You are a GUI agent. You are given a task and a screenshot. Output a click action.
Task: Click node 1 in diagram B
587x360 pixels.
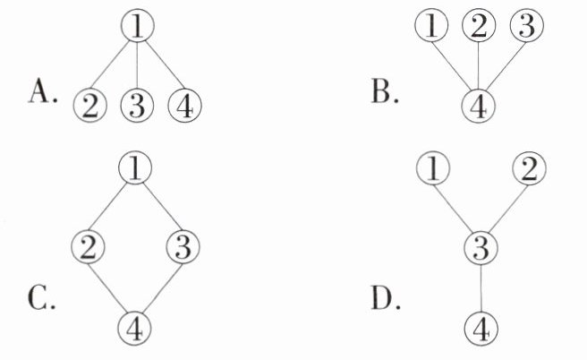coord(432,26)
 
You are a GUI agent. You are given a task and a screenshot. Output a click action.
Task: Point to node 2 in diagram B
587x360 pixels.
coord(480,26)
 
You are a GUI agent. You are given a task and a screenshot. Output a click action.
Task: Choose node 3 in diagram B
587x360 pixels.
coord(528,26)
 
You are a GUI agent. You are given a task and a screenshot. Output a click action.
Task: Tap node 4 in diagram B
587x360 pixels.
coord(479,107)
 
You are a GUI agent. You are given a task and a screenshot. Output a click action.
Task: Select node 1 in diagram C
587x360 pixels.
coord(136,167)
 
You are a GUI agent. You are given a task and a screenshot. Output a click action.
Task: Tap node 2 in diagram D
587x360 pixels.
coord(529,167)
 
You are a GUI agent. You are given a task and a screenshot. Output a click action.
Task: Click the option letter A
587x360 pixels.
coord(42,92)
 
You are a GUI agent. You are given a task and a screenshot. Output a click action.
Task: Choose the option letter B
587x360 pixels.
coord(385,92)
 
